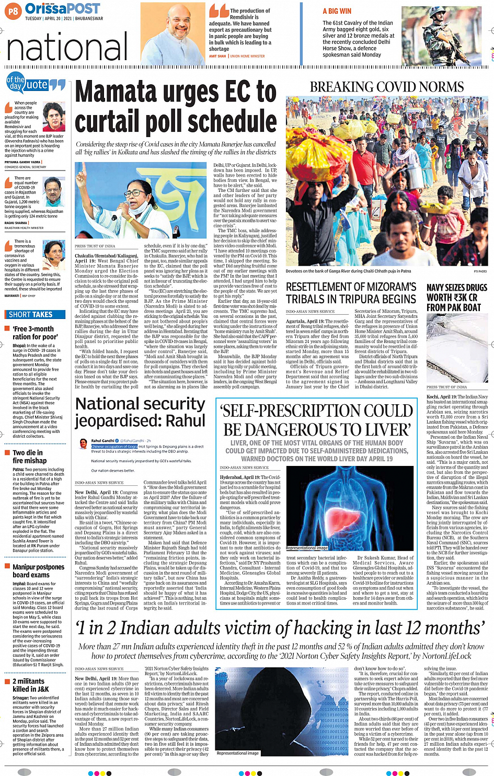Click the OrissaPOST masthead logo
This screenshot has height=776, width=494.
point(62,8)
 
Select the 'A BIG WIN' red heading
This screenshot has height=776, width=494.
point(337,11)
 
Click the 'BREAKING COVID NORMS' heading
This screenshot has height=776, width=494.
point(386,87)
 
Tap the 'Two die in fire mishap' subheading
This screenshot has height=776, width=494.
point(29,457)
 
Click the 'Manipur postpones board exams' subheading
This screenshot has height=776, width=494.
point(38,570)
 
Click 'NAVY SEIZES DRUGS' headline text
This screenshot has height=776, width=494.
point(456,288)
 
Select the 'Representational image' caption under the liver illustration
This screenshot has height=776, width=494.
point(307,548)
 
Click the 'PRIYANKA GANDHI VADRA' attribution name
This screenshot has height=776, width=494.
point(19,162)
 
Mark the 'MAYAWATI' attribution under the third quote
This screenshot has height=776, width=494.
point(12,295)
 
